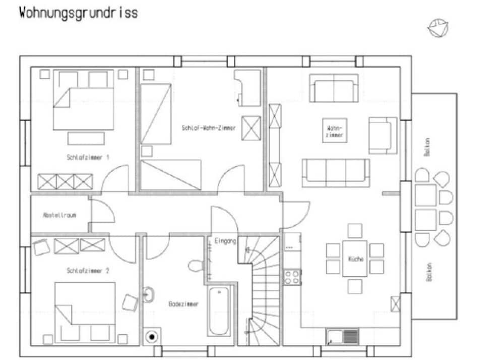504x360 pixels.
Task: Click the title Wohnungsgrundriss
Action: pos(79,14)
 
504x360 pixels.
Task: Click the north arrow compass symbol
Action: pos(438,28)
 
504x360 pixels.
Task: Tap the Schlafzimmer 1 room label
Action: pos(88,157)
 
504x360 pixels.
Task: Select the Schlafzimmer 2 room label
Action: pos(88,271)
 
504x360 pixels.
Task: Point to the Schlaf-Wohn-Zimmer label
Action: pos(209,128)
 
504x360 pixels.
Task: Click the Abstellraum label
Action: pos(59,215)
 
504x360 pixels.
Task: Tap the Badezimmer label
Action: pos(183,304)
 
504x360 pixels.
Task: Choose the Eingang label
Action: pos(225,241)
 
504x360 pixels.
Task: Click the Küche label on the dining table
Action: pos(355,259)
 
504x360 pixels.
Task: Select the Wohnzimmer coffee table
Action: pos(335,130)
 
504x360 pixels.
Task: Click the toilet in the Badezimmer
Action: pos(196,266)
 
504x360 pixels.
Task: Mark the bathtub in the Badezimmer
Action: pos(219,311)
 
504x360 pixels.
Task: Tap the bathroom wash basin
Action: pos(148,294)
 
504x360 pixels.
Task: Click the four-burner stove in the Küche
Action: pos(292,277)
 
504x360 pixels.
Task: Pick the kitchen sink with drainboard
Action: pos(342,337)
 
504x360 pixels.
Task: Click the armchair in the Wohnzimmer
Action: pos(383,136)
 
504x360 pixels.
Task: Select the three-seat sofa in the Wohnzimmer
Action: pos(336,172)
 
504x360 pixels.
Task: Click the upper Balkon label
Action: pos(427,147)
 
